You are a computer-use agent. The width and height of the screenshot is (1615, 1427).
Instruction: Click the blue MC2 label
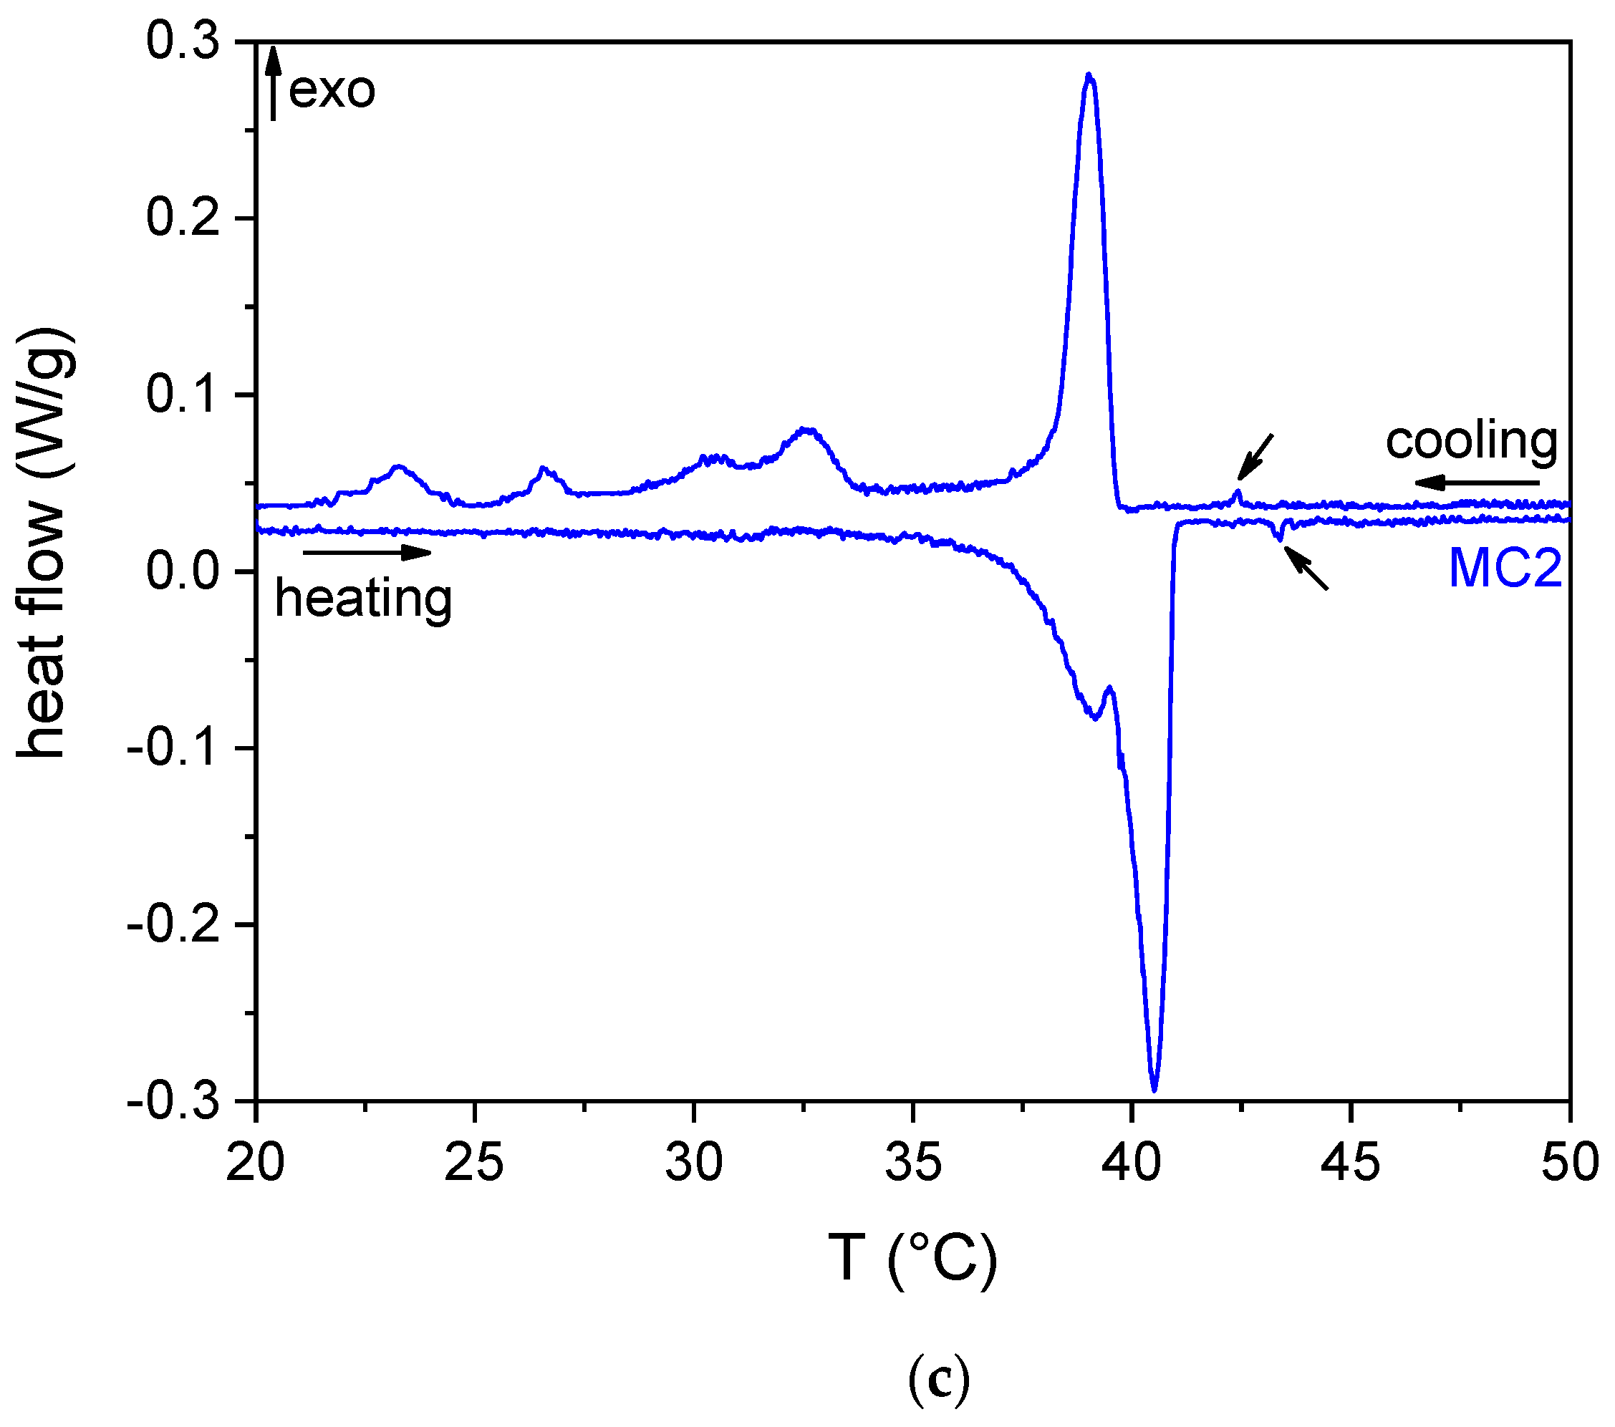tap(1505, 568)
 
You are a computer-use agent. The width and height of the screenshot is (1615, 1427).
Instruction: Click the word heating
tap(363, 599)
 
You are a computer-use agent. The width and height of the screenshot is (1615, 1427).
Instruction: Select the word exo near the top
tap(332, 90)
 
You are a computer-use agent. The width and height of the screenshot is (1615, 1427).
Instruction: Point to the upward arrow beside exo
tap(274, 82)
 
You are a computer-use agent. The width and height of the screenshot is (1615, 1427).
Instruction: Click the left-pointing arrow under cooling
tap(1476, 483)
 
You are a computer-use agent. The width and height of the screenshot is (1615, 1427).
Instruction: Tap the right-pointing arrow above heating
tap(367, 552)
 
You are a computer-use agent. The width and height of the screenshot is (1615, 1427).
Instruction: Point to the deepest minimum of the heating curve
tap(1154, 1090)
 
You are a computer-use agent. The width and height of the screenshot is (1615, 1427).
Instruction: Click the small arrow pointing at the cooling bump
tap(1255, 456)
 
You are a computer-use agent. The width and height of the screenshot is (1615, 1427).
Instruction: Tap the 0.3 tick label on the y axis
tap(183, 41)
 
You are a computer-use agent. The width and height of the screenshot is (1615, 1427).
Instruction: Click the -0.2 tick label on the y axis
tap(171, 924)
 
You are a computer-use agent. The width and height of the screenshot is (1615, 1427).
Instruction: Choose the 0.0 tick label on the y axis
tap(183, 571)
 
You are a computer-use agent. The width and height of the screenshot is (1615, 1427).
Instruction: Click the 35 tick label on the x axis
tap(913, 1164)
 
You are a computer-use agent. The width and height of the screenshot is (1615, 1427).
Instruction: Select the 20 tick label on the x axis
tap(256, 1164)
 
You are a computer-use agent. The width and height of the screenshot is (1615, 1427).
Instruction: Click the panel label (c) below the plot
tap(938, 1379)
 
